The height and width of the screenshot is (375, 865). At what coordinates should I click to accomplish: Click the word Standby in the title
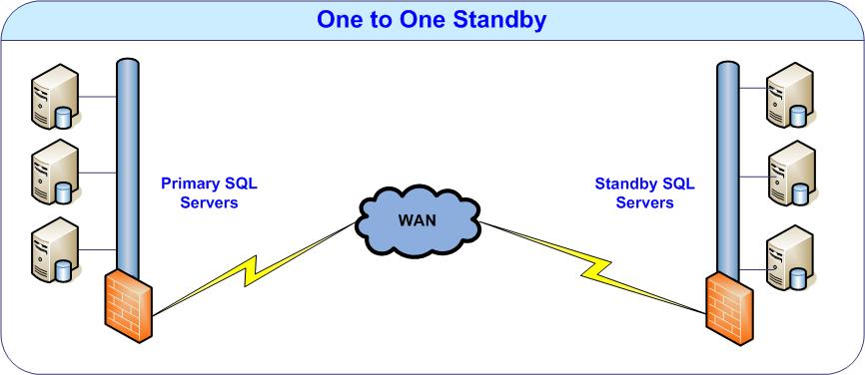pyautogui.click(x=499, y=20)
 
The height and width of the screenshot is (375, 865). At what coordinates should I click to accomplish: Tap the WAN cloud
pyautogui.click(x=419, y=221)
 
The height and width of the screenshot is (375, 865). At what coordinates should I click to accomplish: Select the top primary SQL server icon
pyautogui.click(x=55, y=97)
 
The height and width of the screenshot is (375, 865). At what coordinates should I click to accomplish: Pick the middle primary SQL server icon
pyautogui.click(x=55, y=172)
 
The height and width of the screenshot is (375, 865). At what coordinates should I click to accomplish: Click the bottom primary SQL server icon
pyautogui.click(x=55, y=249)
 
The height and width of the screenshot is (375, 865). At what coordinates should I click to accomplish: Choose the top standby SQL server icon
pyautogui.click(x=790, y=95)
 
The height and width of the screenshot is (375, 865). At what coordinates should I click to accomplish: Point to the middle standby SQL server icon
pyautogui.click(x=791, y=173)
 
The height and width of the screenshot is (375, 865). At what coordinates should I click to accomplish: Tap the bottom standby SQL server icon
pyautogui.click(x=790, y=257)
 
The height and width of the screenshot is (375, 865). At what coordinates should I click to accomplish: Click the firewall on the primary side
pyautogui.click(x=128, y=305)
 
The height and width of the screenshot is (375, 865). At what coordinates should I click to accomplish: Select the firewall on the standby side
pyautogui.click(x=729, y=308)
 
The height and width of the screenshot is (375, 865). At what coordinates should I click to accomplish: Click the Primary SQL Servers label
pyautogui.click(x=209, y=192)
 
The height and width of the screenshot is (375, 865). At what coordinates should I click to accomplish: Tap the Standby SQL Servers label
pyautogui.click(x=645, y=192)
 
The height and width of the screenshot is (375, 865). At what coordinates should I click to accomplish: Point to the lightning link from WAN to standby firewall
pyautogui.click(x=593, y=268)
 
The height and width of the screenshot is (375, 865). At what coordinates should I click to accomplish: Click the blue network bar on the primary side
pyautogui.click(x=128, y=166)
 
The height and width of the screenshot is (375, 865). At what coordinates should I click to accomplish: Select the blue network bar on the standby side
pyautogui.click(x=728, y=168)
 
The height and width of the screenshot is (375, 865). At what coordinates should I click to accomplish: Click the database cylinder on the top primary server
pyautogui.click(x=64, y=118)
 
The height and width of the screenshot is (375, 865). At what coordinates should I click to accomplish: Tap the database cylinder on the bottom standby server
pyautogui.click(x=798, y=279)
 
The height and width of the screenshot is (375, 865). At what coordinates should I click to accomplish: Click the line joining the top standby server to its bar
pyautogui.click(x=752, y=88)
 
